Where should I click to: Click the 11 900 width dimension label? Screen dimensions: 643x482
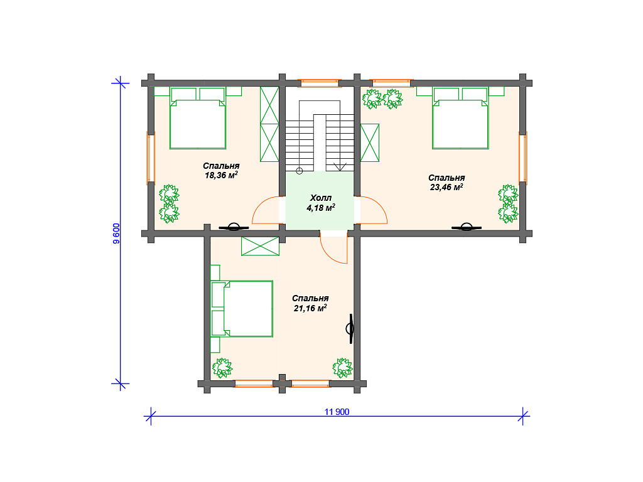(337, 412)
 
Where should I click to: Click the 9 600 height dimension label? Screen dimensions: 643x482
(116, 233)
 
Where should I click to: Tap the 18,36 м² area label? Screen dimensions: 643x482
(222, 176)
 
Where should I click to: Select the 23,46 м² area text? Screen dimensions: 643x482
(446, 187)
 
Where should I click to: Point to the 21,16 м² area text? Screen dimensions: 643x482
(310, 308)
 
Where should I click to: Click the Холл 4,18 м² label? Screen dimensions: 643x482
(321, 203)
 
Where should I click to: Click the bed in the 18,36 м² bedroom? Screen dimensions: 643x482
(198, 118)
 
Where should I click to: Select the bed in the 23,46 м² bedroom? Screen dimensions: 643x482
(460, 118)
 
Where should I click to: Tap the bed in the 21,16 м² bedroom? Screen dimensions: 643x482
(242, 309)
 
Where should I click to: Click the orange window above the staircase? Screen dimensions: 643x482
(320, 83)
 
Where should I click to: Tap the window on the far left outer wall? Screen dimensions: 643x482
(151, 158)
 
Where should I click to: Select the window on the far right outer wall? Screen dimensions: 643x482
(523, 158)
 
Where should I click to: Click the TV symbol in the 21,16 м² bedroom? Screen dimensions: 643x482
(350, 329)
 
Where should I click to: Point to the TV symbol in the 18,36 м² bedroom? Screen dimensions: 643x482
(234, 227)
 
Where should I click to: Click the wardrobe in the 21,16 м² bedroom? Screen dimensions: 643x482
(261, 246)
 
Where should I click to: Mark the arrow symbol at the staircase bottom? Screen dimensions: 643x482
(340, 166)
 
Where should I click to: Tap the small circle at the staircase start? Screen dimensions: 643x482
(300, 171)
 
